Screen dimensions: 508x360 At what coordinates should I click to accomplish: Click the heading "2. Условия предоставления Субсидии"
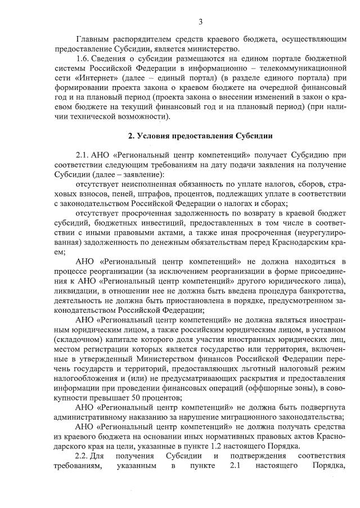tap(200, 136)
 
